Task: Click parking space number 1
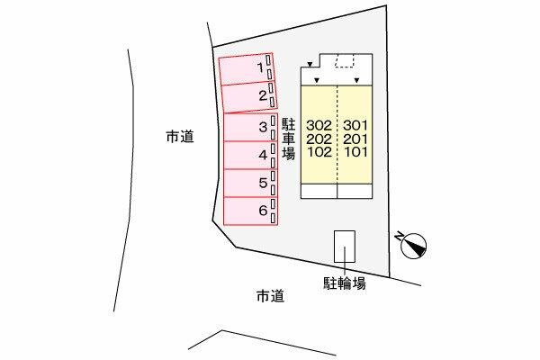click(x=246, y=68)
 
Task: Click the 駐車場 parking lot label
click(x=288, y=139)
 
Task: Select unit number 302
click(x=319, y=125)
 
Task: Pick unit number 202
click(x=319, y=139)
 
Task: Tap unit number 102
click(x=319, y=152)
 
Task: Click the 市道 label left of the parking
click(x=179, y=137)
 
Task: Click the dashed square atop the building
click(x=345, y=61)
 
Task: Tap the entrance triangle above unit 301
click(x=357, y=81)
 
